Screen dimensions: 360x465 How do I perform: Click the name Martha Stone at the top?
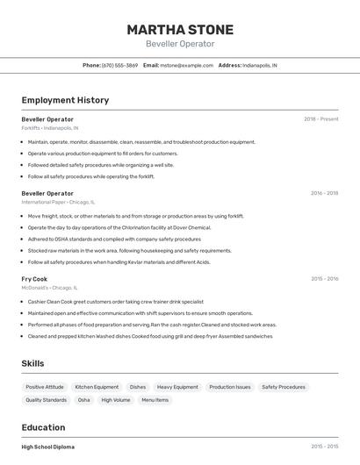(179, 29)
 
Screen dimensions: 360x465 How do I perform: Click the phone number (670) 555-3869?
(119, 65)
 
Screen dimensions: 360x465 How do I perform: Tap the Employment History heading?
(65, 100)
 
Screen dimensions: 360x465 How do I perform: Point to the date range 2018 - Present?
(320, 118)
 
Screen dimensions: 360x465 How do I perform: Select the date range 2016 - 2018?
(324, 192)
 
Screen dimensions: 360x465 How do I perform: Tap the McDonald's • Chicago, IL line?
(50, 288)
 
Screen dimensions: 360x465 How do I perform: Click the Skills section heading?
(33, 362)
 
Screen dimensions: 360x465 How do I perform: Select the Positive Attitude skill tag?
(45, 387)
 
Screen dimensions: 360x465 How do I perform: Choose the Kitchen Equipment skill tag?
(97, 387)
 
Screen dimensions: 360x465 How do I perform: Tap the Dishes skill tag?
(138, 387)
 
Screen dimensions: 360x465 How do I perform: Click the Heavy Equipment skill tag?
(177, 387)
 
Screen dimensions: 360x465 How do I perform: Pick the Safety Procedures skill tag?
(284, 387)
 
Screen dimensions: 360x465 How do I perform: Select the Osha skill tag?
(84, 400)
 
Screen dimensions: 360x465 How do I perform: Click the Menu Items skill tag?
(155, 400)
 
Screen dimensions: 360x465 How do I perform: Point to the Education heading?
(44, 427)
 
